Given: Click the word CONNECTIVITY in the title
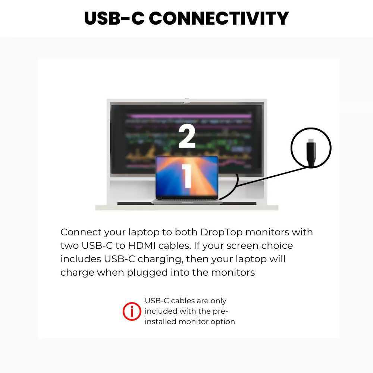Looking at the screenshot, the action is pos(219,18).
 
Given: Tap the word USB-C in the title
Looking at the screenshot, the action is pos(115,18).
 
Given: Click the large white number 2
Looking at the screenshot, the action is pos(187,136).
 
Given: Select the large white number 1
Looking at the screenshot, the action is pos(187,176).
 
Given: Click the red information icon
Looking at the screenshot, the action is pos(132,311).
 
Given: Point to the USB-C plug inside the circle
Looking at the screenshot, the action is pos(311,152).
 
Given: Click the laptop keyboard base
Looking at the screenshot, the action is pos(187,201).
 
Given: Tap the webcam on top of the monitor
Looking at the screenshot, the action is pos(186,101).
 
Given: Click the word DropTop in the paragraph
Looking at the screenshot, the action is pos(221,232).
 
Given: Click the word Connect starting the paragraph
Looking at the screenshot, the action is pos(81,232).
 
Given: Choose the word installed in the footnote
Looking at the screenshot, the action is pos(160,322).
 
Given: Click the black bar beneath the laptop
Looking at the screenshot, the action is pos(187,203).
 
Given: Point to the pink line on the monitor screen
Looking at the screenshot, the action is pos(189,116).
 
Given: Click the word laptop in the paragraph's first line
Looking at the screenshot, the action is pos(144,232).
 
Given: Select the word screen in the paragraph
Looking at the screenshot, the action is pos(242,246).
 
